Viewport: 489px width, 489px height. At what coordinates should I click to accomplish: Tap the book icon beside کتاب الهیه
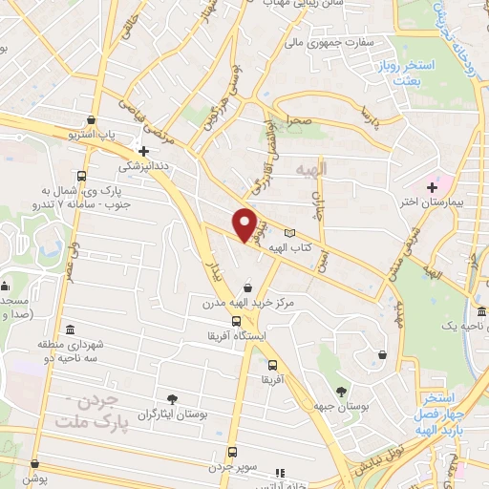point(289,233)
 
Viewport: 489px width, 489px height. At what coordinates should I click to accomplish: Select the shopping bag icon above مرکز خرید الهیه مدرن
point(248,287)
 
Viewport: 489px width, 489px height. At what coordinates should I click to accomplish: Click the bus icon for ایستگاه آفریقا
point(237,321)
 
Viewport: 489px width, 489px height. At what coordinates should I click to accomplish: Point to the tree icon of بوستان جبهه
point(341,391)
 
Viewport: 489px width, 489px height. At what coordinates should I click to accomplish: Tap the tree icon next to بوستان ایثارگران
point(172,399)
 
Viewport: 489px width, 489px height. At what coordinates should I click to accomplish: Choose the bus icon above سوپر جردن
point(231,453)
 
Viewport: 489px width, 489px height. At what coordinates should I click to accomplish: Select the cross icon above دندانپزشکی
point(143,150)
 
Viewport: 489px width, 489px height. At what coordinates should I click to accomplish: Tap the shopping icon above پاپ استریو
point(91,120)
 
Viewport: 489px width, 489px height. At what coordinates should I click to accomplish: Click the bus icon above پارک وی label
point(82,177)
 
